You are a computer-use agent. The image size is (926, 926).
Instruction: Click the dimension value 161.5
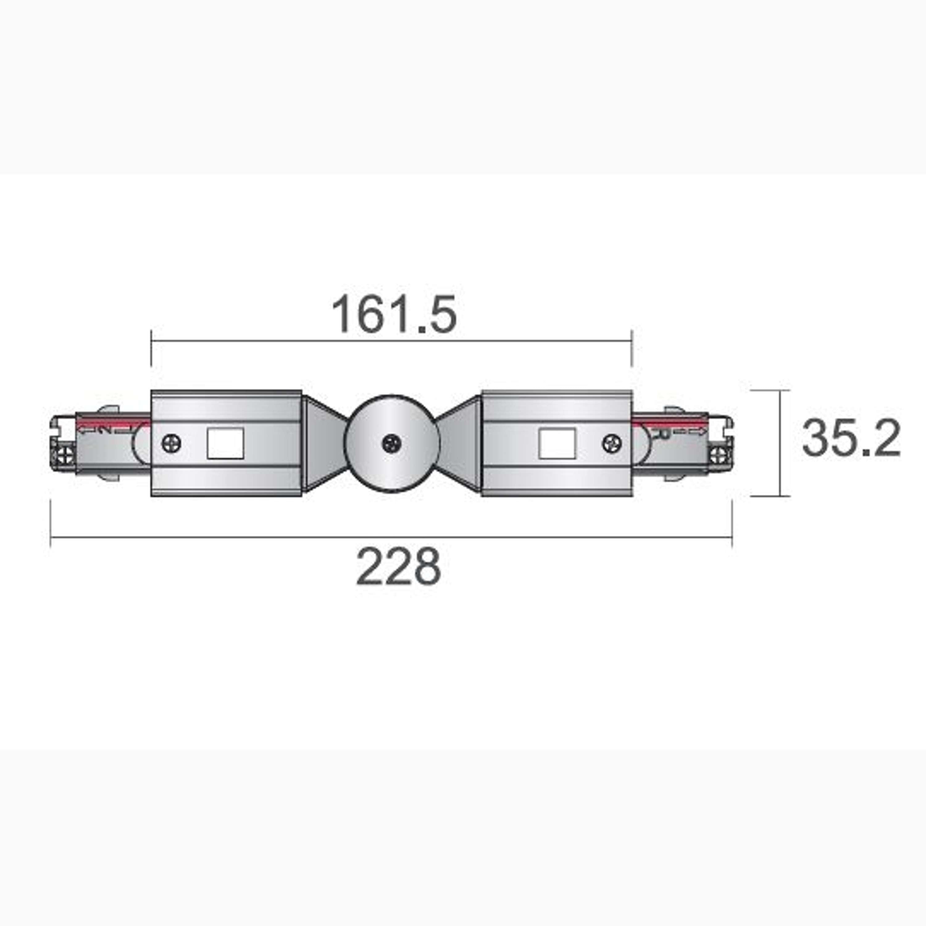(394, 315)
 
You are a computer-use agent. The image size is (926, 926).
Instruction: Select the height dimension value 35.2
(851, 438)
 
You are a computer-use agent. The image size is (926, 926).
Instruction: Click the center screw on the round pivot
(392, 443)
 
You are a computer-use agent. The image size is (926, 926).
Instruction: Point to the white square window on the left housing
(225, 443)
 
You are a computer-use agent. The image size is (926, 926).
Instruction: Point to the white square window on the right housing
(557, 443)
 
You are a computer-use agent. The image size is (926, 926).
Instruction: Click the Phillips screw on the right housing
(612, 443)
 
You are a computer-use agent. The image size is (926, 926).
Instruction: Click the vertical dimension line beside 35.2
(781, 443)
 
